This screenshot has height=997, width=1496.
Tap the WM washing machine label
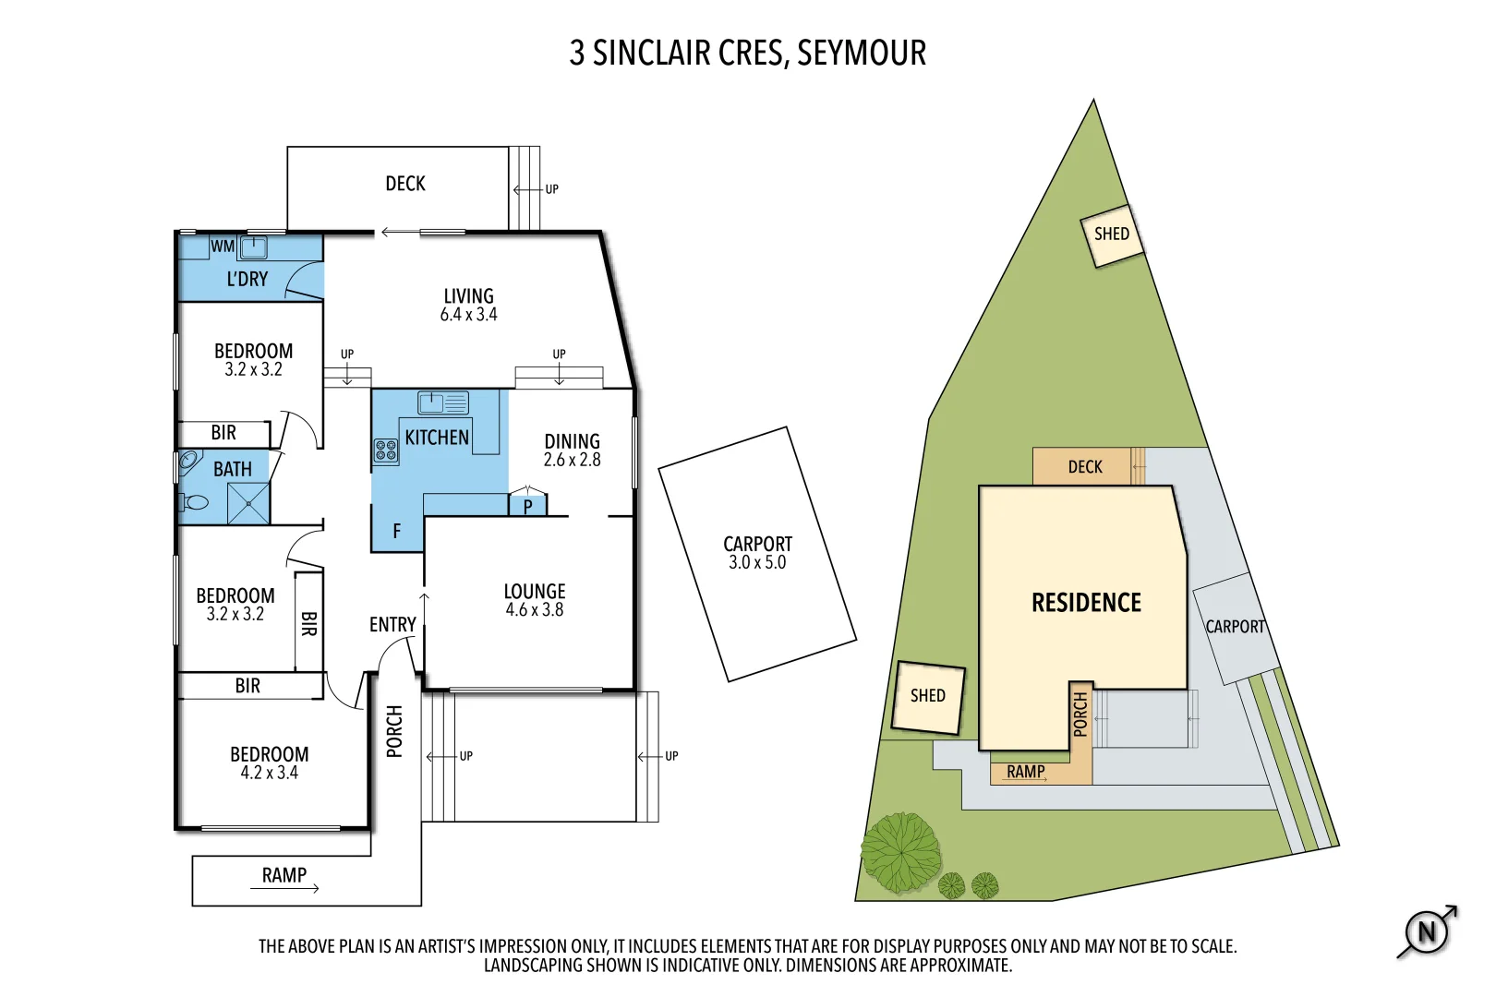[x=223, y=246]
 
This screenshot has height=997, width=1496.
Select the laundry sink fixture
[x=253, y=247]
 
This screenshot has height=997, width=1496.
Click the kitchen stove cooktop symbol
[x=385, y=450]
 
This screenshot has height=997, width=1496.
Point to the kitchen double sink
[x=442, y=402]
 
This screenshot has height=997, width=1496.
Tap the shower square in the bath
[x=248, y=503]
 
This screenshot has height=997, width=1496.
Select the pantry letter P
[x=527, y=507]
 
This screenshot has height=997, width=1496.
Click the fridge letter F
[x=397, y=532]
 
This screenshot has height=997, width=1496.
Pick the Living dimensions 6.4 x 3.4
[x=468, y=314]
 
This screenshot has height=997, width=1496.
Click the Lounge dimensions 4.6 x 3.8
[x=535, y=609]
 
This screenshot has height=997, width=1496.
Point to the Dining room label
[x=572, y=441]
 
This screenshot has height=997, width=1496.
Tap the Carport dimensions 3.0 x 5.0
[x=757, y=562]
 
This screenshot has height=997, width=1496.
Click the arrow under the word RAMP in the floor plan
[x=284, y=888]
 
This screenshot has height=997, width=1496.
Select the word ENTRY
[x=392, y=624]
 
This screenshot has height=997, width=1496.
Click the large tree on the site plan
[x=901, y=852]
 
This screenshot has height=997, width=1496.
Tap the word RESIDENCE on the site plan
[x=1087, y=602]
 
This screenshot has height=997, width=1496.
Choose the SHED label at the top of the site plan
[x=1112, y=234]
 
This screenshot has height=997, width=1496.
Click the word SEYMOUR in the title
[x=862, y=53]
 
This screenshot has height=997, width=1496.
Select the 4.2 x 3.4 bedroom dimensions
[x=269, y=773]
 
